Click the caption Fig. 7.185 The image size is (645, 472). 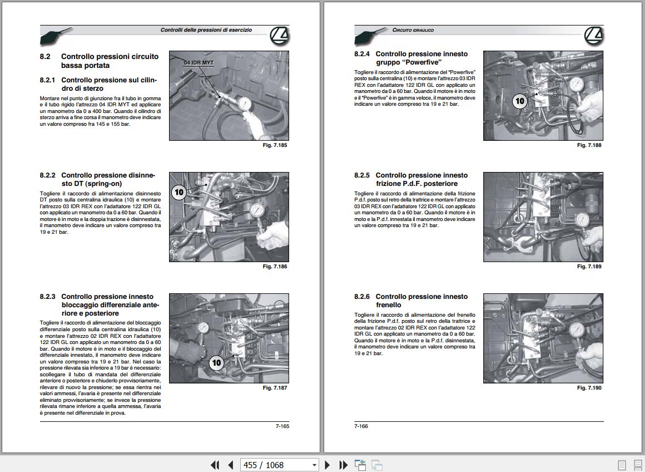(x=275, y=145)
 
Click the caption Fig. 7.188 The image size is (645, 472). (x=589, y=145)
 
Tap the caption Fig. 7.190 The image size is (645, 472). (x=589, y=387)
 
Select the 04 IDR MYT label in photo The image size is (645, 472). (x=199, y=63)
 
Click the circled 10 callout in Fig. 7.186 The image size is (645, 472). (x=179, y=192)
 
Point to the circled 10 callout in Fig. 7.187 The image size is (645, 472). (x=216, y=363)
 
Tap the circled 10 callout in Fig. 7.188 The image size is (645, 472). (x=520, y=101)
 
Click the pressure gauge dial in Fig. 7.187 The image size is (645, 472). (x=203, y=327)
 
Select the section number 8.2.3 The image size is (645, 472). (x=47, y=297)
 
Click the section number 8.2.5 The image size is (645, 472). (x=362, y=175)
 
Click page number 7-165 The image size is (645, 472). (x=282, y=426)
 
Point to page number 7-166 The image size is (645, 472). (x=361, y=426)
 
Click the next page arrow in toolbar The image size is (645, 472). (x=327, y=465)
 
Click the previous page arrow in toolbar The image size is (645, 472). (x=230, y=465)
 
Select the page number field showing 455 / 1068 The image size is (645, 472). (x=279, y=465)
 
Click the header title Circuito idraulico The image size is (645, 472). (x=413, y=30)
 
